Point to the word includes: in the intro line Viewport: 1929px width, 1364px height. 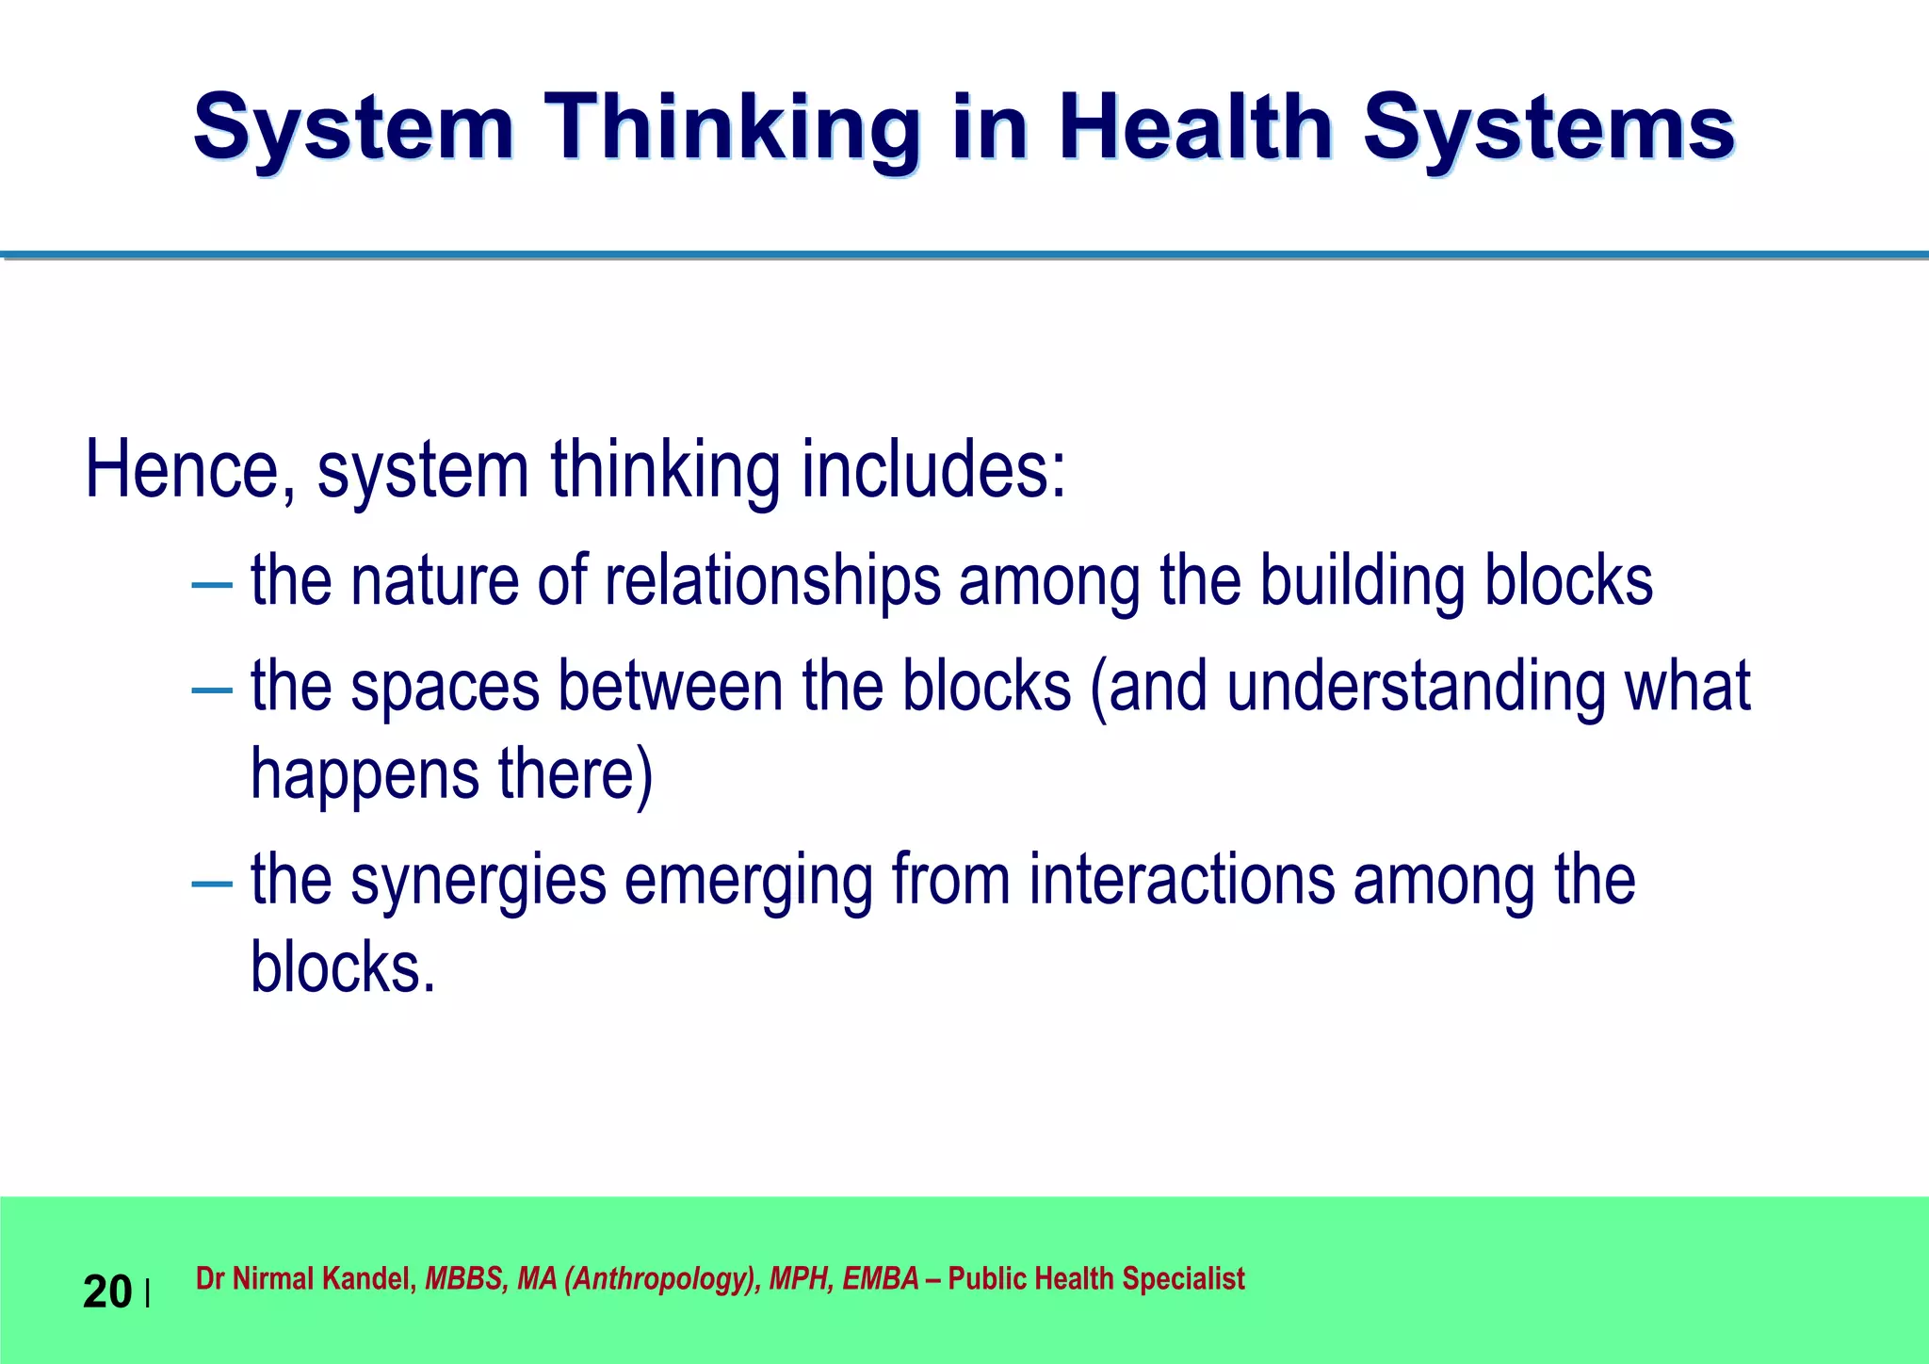(933, 469)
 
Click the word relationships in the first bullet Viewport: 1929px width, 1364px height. (772, 580)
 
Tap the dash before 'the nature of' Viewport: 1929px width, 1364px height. (211, 584)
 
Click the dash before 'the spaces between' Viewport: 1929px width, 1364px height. (211, 690)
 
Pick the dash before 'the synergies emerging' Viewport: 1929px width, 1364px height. (211, 884)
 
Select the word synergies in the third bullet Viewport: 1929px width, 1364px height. (478, 882)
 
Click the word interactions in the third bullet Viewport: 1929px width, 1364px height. (1181, 880)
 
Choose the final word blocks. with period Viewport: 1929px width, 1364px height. (343, 967)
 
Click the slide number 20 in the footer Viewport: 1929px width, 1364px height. (107, 1291)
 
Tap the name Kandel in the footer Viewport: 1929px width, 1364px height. (367, 1278)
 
